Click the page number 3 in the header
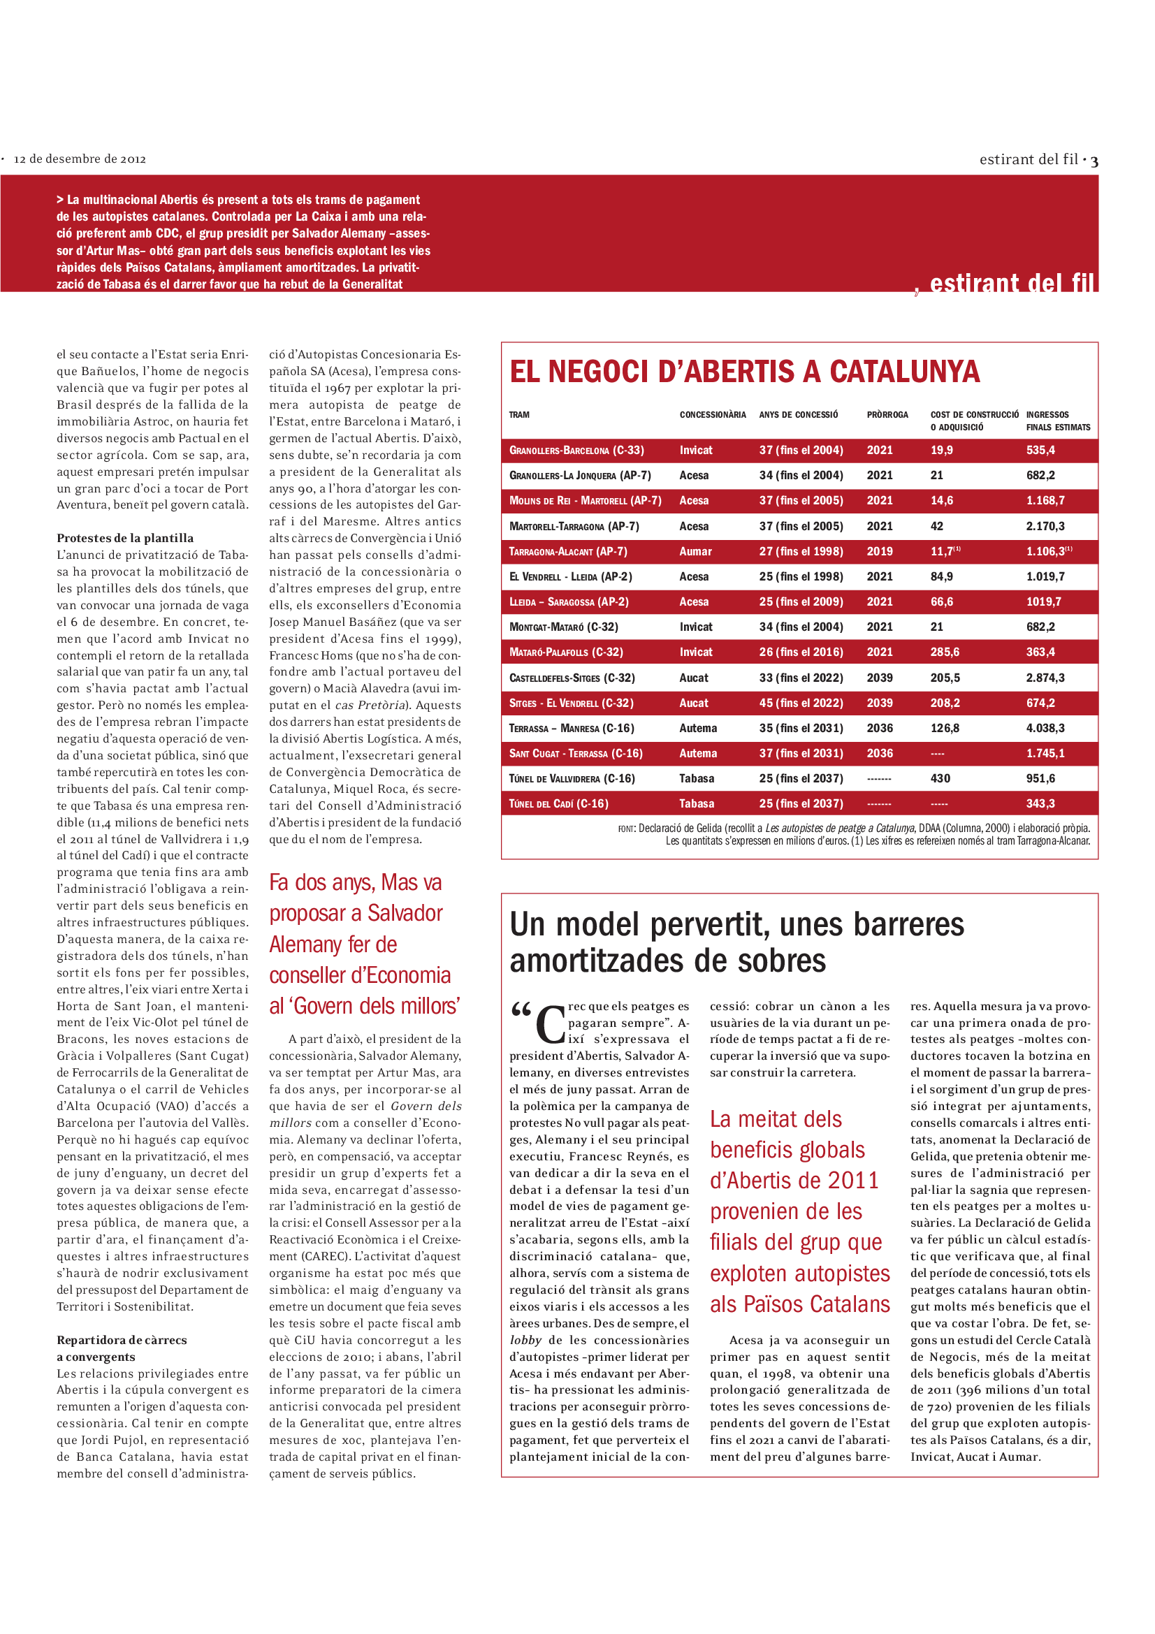(1094, 161)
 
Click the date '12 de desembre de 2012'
(80, 159)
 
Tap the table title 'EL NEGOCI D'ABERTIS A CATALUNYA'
(744, 372)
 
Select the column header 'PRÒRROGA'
(887, 415)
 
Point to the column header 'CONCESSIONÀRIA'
(713, 415)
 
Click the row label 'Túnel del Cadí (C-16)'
(559, 803)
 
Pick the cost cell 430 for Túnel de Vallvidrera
(940, 778)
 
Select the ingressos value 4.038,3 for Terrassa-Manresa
(1045, 728)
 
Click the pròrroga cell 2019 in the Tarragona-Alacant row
(879, 552)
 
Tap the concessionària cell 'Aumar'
(695, 552)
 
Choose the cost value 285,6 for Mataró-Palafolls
(945, 652)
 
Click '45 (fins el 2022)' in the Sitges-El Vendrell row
(801, 703)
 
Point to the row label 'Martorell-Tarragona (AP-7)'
(574, 527)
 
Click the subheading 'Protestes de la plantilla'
(125, 538)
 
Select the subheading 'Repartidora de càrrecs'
(122, 1340)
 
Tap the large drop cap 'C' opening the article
(549, 1024)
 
